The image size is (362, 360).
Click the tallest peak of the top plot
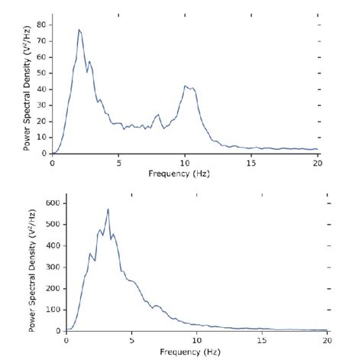(79, 30)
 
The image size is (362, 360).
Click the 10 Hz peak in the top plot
(186, 86)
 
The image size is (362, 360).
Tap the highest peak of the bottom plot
(108, 209)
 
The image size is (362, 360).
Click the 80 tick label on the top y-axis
(44, 24)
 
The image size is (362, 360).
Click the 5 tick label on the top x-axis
(118, 162)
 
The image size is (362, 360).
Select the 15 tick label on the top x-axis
(251, 162)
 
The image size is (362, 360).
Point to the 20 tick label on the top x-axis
(317, 162)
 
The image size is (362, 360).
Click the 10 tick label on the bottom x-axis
(197, 340)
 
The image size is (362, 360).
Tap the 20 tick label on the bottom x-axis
(328, 340)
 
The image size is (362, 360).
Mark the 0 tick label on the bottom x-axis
(67, 340)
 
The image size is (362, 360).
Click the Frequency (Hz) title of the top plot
(184, 173)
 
